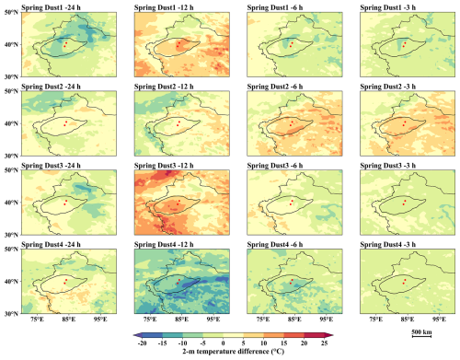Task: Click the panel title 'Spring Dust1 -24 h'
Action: pos(51,7)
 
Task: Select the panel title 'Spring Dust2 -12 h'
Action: pos(164,87)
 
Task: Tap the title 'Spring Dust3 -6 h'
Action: pos(275,166)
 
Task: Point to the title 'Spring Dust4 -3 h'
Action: pos(388,245)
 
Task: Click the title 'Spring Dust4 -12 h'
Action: pos(164,245)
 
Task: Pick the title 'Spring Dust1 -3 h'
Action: pos(388,7)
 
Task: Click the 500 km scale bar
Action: pos(421,336)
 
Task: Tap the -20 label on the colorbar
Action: pos(142,343)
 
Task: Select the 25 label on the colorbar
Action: pos(325,343)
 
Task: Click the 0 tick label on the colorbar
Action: pos(224,343)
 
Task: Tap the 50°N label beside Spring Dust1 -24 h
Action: pos(12,12)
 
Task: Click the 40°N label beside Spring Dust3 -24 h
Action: pos(12,203)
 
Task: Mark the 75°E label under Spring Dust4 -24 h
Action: pos(38,319)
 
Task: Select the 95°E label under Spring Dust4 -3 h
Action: pos(440,319)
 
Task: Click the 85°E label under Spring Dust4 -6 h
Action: pos(294,319)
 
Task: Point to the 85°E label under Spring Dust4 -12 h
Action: pos(181,319)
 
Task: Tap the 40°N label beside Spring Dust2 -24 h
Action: pos(12,123)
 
